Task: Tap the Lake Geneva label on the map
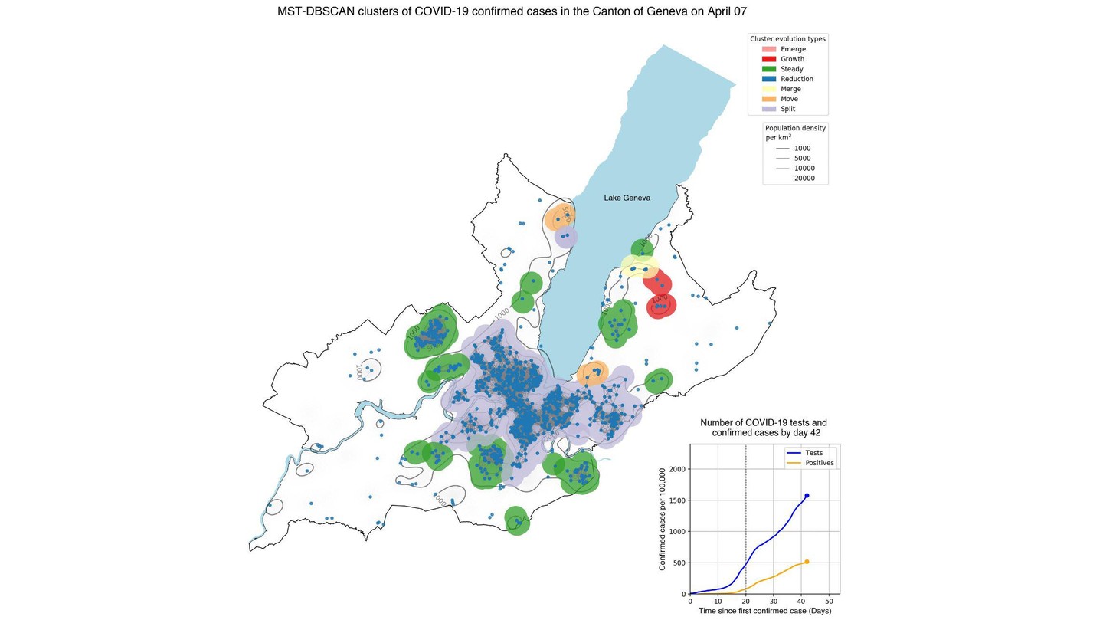point(627,198)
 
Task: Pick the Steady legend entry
point(791,69)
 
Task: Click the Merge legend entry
point(790,89)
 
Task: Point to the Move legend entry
point(790,99)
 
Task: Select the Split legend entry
point(788,109)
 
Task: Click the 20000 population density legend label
point(804,179)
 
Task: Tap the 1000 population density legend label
point(802,149)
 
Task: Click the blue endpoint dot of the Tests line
point(807,496)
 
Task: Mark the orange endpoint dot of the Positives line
point(807,562)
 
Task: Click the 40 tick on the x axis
point(801,602)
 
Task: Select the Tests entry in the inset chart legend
point(813,453)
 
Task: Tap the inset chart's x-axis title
point(764,612)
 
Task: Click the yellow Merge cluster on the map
point(638,267)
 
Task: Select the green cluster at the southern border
point(517,521)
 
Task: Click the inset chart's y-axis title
point(663,519)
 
